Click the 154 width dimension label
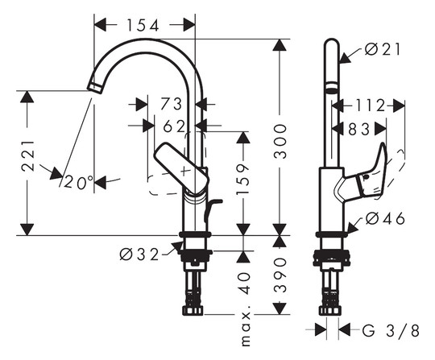(x=143, y=26)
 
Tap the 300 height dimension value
(x=280, y=142)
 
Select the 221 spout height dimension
(x=28, y=155)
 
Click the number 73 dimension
(x=172, y=104)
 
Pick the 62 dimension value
(x=174, y=126)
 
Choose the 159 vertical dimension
(x=243, y=179)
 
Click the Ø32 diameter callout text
(x=139, y=254)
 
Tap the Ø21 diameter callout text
(x=383, y=50)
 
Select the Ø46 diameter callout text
(x=385, y=219)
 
